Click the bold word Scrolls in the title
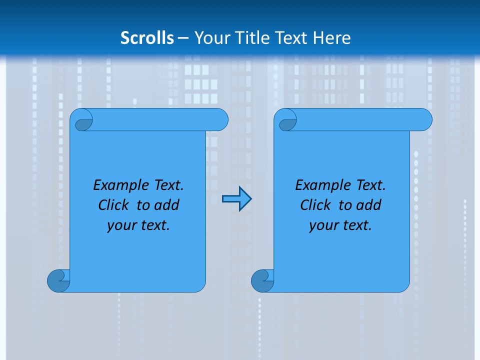(147, 38)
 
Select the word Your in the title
(211, 38)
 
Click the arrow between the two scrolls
(236, 199)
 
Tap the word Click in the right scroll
(315, 205)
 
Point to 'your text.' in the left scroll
(138, 225)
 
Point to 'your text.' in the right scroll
(340, 225)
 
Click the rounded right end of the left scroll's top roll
(220, 119)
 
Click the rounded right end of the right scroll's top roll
(424, 119)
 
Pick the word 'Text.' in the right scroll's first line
(370, 185)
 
